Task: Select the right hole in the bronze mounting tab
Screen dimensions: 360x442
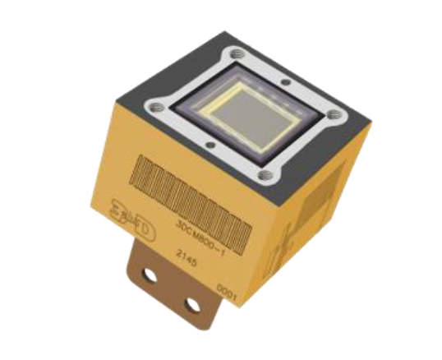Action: [x=191, y=305]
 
